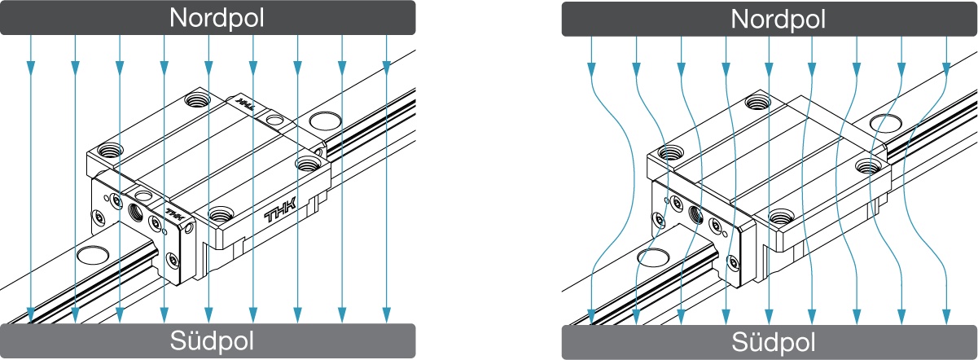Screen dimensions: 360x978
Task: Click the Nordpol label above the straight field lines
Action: (x=216, y=19)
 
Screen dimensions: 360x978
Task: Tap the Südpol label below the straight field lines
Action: (x=212, y=340)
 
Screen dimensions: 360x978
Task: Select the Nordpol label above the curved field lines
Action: (x=778, y=19)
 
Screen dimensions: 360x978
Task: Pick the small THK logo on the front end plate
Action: (x=175, y=214)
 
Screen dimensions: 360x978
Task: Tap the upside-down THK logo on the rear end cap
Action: (x=245, y=105)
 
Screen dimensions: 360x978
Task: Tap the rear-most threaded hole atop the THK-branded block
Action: (x=196, y=100)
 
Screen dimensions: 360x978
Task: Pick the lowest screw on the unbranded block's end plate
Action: (x=734, y=262)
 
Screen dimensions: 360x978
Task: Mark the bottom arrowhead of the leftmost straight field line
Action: (x=31, y=315)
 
